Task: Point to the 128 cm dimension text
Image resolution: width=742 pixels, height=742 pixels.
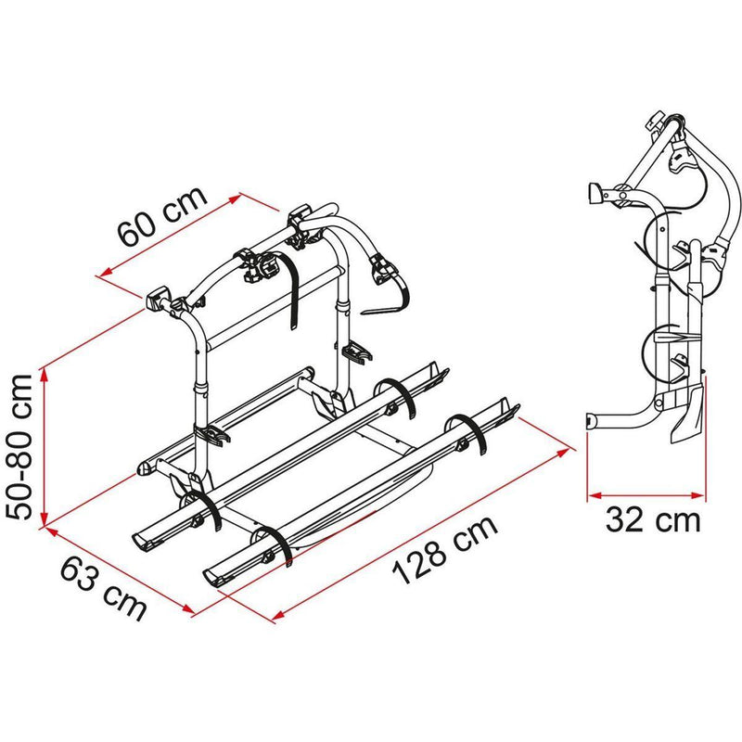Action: click(444, 550)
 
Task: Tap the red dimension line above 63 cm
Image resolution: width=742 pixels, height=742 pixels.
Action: click(117, 568)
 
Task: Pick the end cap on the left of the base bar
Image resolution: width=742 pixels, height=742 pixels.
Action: click(147, 468)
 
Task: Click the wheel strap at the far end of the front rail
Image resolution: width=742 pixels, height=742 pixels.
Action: click(468, 436)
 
